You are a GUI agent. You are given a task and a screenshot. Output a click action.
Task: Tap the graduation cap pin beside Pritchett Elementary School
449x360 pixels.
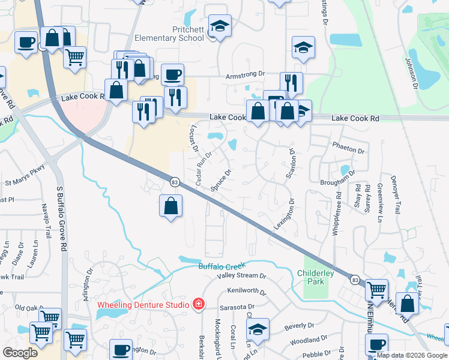click(220, 27)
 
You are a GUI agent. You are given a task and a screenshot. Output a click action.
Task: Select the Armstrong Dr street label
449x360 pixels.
click(245, 74)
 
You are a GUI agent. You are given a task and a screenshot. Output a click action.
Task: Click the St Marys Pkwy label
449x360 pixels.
click(25, 175)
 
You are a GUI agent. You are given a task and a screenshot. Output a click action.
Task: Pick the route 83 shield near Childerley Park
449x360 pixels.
click(354, 280)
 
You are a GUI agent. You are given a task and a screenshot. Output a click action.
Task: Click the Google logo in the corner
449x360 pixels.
click(20, 353)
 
